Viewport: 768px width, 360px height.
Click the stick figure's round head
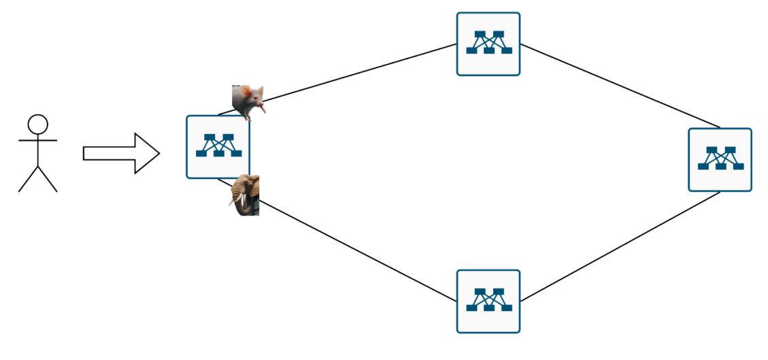pos(37,124)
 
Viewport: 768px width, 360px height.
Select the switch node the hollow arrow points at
pos(218,147)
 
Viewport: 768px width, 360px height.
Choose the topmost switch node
pos(488,44)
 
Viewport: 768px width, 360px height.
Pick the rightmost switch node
pos(720,160)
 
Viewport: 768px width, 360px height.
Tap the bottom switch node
pos(488,301)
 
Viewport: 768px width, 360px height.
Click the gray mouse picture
pos(248,101)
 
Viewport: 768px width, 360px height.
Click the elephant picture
pos(244,195)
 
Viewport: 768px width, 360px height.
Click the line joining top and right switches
pos(619,85)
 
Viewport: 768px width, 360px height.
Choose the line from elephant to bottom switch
pos(357,249)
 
